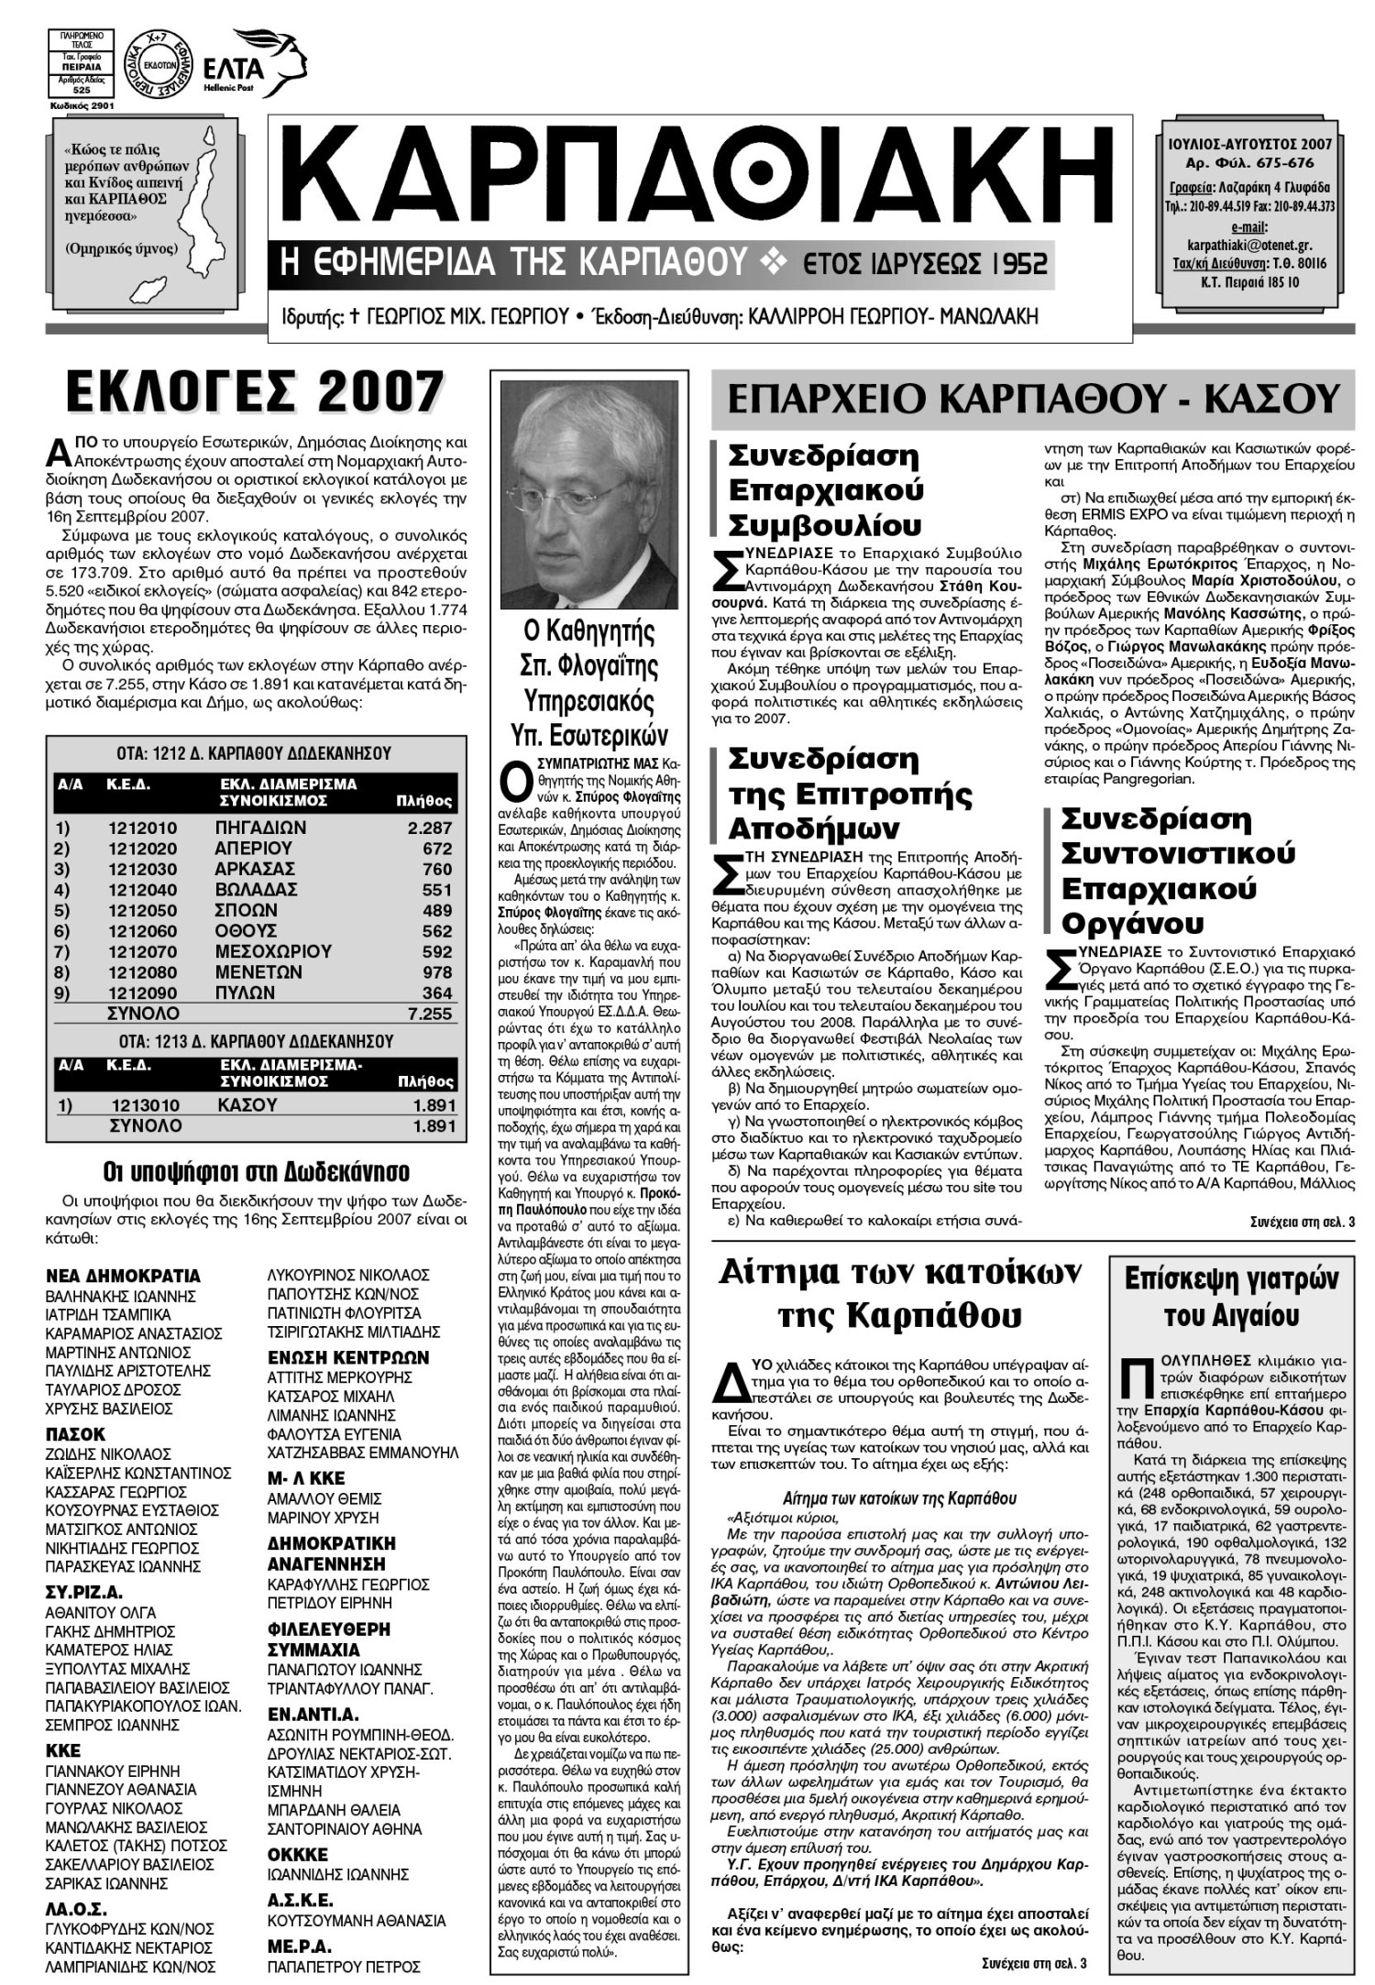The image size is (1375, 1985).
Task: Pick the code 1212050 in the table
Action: (143, 910)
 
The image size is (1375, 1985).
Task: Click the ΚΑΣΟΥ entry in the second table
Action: (247, 1105)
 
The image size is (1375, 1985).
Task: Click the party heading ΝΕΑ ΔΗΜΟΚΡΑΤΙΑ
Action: (123, 1276)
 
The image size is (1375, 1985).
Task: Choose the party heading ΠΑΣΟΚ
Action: (76, 1434)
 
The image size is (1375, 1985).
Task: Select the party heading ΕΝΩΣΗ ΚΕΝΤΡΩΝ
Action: (348, 1357)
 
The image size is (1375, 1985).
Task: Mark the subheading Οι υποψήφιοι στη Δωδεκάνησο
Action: (257, 1172)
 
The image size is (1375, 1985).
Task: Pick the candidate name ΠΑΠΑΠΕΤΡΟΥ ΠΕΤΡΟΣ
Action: (344, 1967)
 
